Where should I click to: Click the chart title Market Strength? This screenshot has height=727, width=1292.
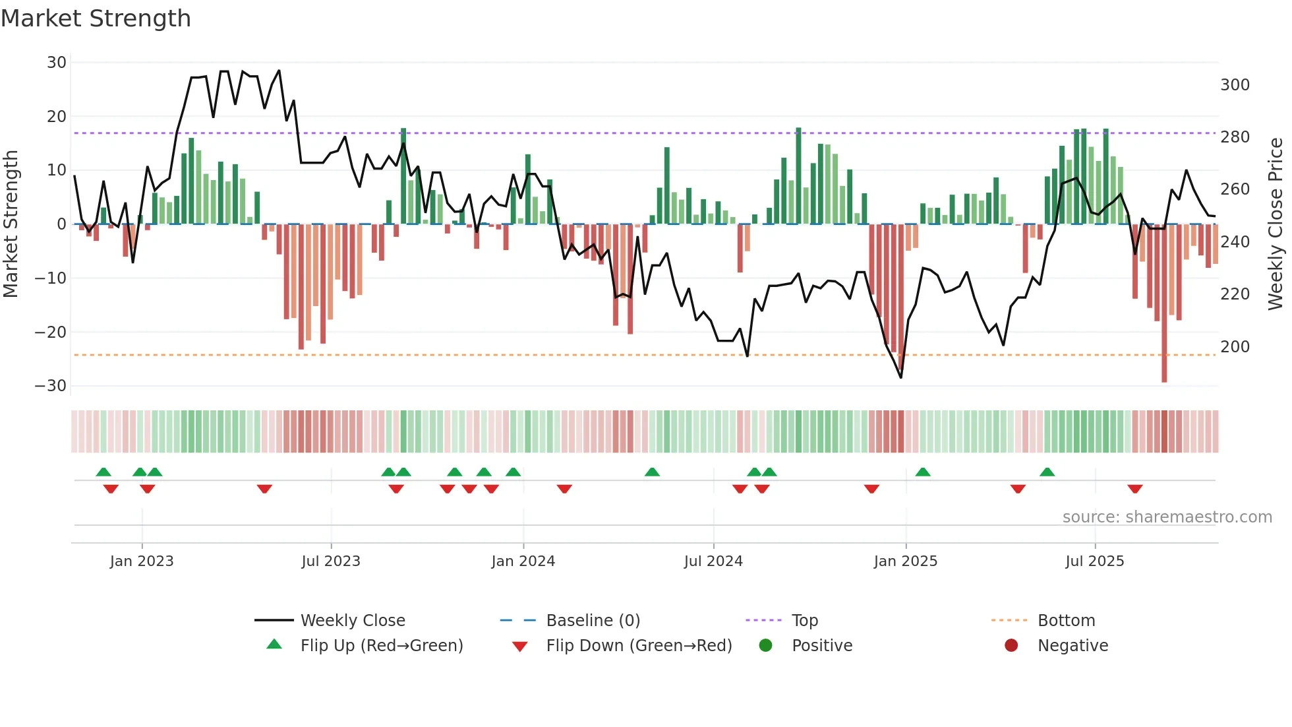(96, 18)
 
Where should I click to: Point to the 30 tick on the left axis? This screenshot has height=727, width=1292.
(57, 63)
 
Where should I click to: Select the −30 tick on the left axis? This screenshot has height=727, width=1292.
(51, 386)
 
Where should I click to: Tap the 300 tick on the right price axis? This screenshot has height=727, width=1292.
(1235, 85)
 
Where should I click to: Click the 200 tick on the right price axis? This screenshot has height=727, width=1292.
(1235, 347)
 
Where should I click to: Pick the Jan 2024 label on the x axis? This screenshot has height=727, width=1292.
(523, 561)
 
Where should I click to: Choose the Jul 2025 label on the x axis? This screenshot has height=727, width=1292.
(1094, 561)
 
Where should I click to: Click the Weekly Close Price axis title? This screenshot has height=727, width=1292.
(1276, 224)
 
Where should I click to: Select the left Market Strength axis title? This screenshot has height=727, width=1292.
(11, 224)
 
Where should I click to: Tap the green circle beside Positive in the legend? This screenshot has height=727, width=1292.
(765, 645)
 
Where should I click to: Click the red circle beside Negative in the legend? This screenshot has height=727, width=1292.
(1011, 645)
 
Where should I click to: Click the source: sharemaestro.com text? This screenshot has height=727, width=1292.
(1167, 517)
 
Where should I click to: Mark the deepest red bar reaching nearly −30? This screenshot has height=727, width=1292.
(1164, 303)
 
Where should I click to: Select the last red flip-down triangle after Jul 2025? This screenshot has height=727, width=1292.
(1134, 489)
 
